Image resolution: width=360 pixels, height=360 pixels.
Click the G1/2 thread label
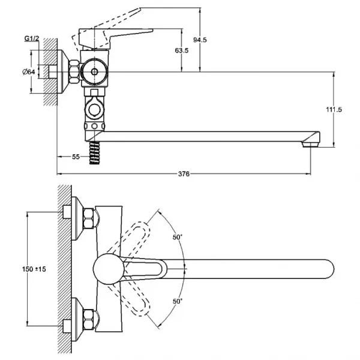[32, 38]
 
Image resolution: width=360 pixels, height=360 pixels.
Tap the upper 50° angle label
[178, 238]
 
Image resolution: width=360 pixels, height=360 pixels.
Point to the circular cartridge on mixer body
[93, 71]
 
